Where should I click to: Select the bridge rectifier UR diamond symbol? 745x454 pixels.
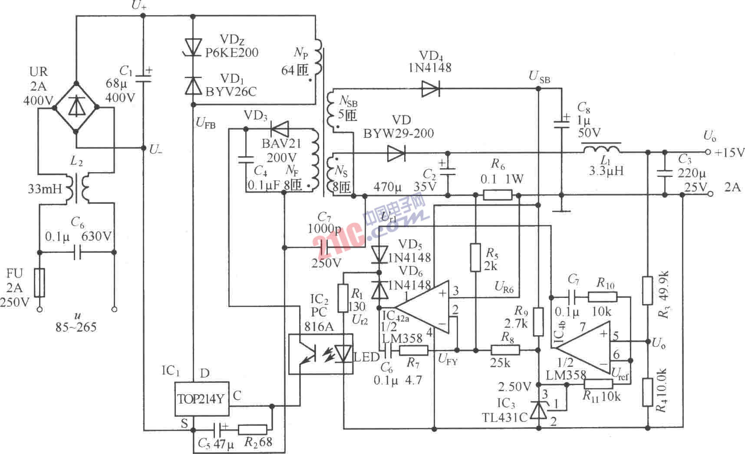(76, 106)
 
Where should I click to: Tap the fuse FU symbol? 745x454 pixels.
(40, 283)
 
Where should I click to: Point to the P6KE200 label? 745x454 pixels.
(232, 53)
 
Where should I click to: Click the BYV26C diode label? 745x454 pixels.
(231, 92)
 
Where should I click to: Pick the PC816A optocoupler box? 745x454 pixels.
(320, 353)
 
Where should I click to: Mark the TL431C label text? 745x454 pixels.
(505, 417)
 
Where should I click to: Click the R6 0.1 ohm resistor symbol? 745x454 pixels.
(498, 195)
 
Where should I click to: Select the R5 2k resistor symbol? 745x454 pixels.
(476, 258)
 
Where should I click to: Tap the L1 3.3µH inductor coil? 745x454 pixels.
(601, 149)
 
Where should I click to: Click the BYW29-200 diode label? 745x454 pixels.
(399, 134)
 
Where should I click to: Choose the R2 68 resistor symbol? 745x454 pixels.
(252, 429)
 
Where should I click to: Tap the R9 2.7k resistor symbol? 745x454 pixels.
(538, 322)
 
